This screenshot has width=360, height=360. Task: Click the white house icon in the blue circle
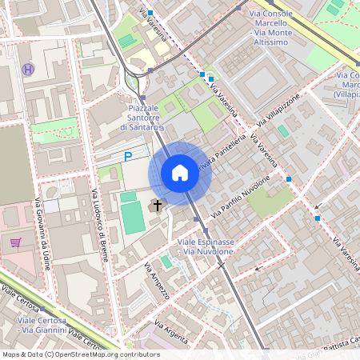click(180, 173)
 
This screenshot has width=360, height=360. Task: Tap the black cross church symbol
click(158, 206)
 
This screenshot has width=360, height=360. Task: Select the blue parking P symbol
click(128, 158)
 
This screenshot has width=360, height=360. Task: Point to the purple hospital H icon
click(29, 70)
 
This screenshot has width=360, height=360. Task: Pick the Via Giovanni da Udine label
click(42, 232)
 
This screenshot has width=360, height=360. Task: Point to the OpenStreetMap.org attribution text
click(80, 354)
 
